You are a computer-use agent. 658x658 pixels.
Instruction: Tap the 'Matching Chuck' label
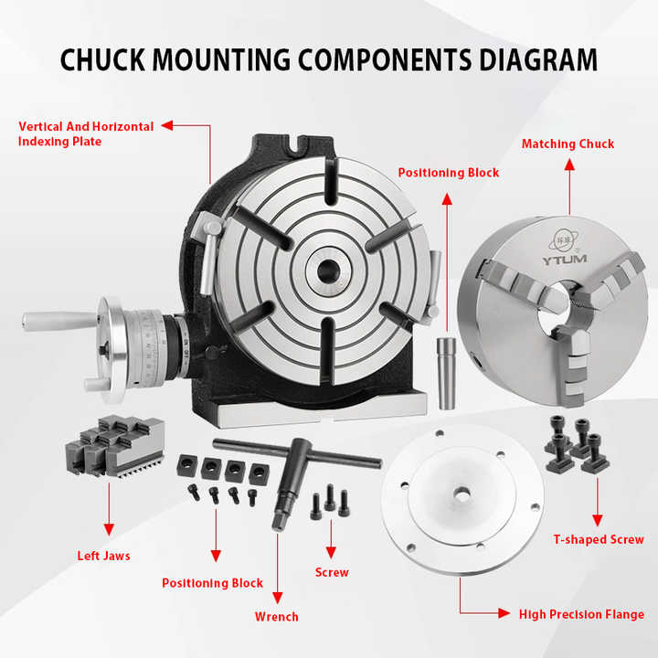coord(568,143)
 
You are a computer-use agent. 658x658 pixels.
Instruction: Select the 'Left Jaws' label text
coord(103,555)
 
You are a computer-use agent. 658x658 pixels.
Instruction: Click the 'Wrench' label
coord(276,616)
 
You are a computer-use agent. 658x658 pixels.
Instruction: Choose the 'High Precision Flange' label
coord(581,613)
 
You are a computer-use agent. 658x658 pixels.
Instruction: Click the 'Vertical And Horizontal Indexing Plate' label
coord(86,133)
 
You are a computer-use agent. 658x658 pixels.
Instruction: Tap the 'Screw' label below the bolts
coord(331,572)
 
